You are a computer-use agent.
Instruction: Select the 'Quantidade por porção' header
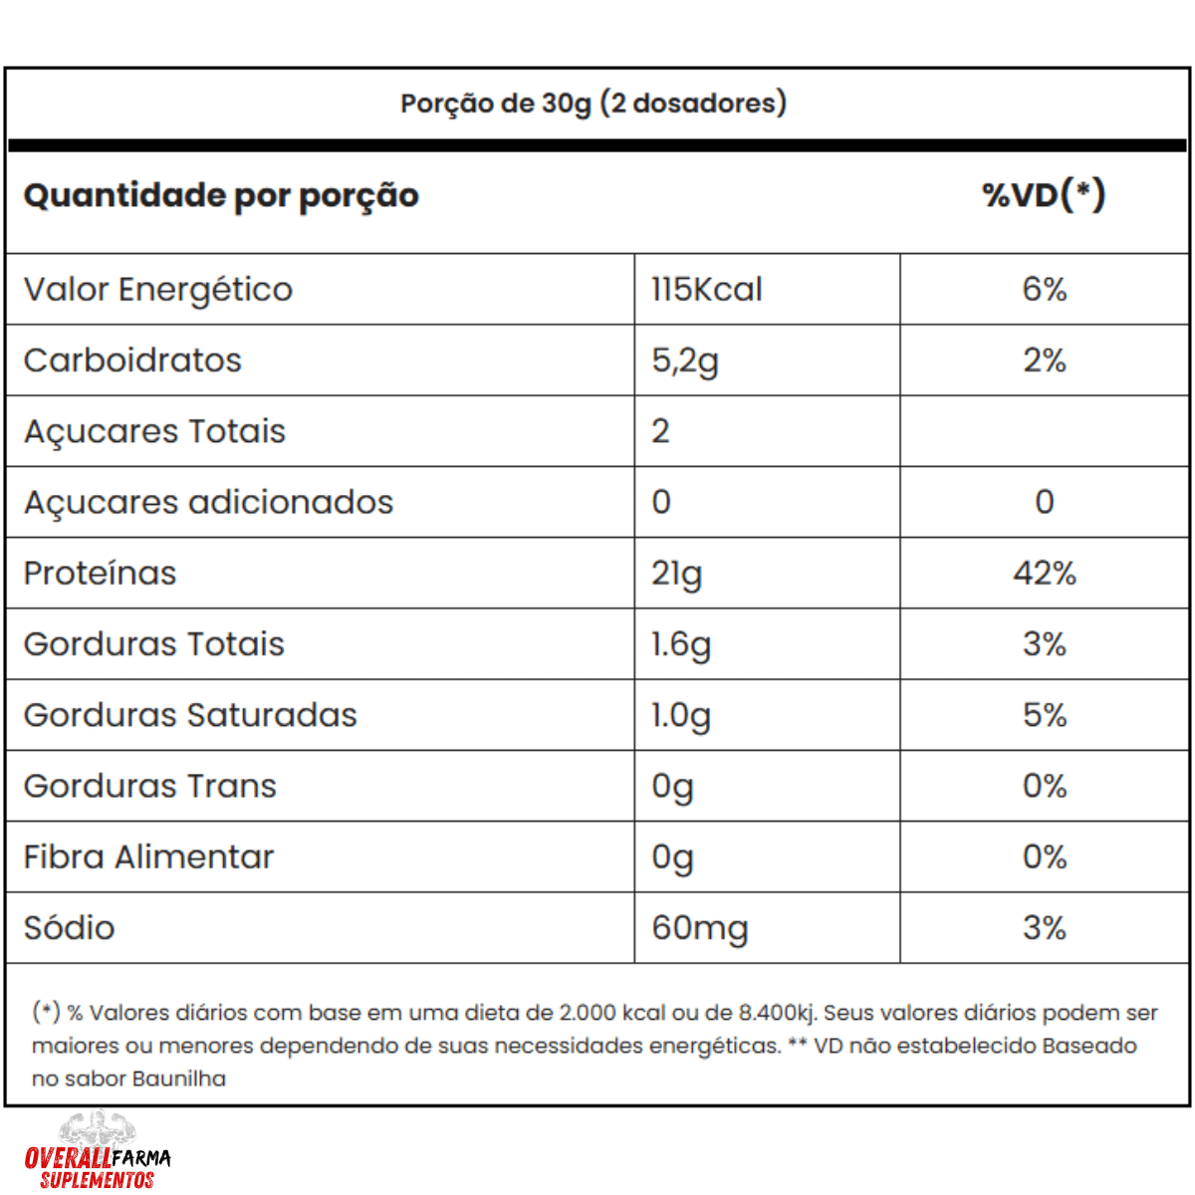coord(221,195)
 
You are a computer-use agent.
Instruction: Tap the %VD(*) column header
coord(1044,195)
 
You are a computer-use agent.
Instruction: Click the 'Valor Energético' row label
coord(158,290)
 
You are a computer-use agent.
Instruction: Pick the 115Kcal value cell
coord(707,290)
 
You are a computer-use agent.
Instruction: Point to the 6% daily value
coord(1044,290)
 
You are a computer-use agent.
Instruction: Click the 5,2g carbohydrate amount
coord(685,361)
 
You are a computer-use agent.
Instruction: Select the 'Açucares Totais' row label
coord(154,432)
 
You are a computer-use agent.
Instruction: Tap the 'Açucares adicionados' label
coord(208,503)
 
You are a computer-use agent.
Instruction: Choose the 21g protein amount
coord(677,575)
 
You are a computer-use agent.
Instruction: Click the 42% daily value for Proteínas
coord(1044,574)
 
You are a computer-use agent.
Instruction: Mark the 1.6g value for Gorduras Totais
coord(681,645)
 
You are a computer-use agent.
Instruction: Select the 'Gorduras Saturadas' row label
coord(190,715)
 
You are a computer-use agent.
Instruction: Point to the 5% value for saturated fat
coord(1044,715)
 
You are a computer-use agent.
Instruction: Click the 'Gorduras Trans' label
coord(150,787)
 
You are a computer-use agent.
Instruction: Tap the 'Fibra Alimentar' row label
coord(148,857)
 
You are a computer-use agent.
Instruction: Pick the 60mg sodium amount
coord(700,929)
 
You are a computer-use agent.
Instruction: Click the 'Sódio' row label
coord(70,928)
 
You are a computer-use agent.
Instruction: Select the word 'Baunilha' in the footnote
coord(179,1078)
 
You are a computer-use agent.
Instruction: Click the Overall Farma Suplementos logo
coord(98,1155)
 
